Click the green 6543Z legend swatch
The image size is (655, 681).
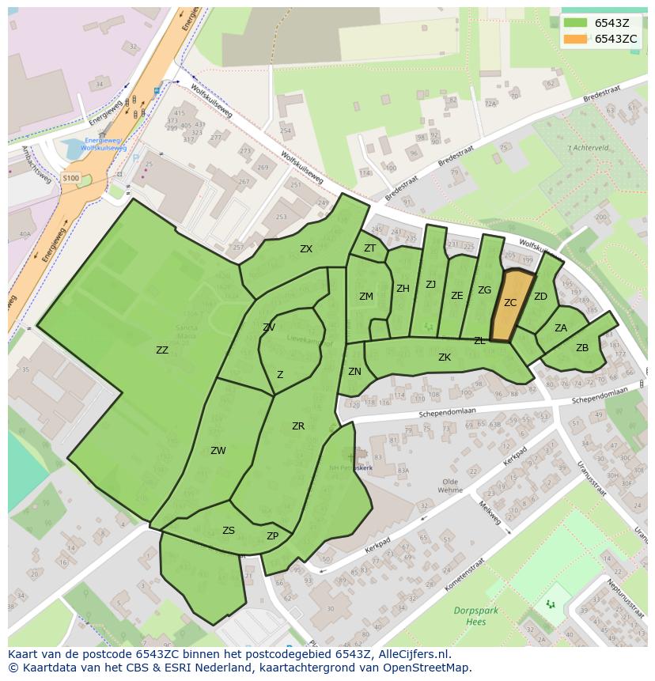click(x=576, y=23)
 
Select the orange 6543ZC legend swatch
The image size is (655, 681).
click(x=576, y=39)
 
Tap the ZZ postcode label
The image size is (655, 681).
click(x=162, y=350)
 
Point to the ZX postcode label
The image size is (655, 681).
click(x=306, y=249)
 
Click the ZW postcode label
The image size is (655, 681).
click(x=218, y=451)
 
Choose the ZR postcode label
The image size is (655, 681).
click(x=298, y=426)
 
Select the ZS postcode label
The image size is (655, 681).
click(x=229, y=531)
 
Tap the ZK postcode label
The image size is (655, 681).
click(x=445, y=358)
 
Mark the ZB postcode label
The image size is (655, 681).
click(x=582, y=348)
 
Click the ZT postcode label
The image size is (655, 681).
click(x=369, y=248)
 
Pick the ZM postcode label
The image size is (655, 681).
click(x=366, y=297)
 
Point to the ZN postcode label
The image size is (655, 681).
click(x=354, y=372)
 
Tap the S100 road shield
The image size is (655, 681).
click(x=70, y=179)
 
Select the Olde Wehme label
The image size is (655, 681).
click(x=450, y=486)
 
